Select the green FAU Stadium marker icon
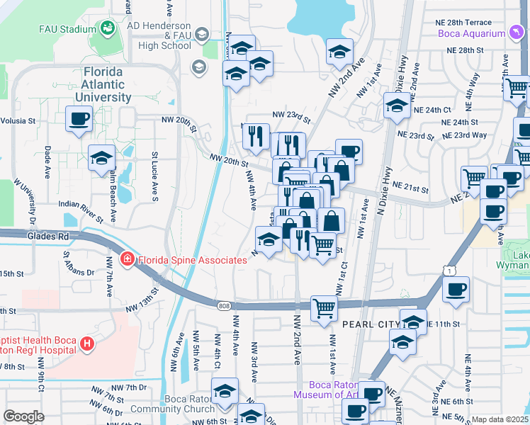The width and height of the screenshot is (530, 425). click(x=107, y=29)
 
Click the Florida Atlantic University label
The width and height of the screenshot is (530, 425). click(x=107, y=84)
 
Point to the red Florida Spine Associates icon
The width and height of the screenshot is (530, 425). click(x=127, y=260)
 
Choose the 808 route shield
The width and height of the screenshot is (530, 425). click(x=224, y=305)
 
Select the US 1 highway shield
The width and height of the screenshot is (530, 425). click(x=446, y=270)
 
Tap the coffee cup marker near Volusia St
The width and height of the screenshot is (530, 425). click(x=79, y=118)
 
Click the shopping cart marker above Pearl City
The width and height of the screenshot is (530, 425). click(x=324, y=308)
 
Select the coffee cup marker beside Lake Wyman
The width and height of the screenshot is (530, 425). click(x=456, y=288)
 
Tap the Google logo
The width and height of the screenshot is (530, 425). click(x=23, y=416)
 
